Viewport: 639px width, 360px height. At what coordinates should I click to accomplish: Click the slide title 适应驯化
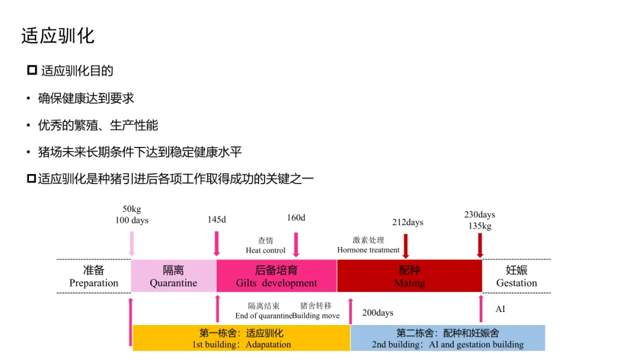coord(58,36)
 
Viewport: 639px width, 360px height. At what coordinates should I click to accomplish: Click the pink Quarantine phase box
coord(173,277)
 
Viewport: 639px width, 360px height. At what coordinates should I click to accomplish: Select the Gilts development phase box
coord(276,277)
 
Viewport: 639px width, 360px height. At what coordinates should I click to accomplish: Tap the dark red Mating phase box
coord(409,277)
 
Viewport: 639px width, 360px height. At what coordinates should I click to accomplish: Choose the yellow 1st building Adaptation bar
coord(241,338)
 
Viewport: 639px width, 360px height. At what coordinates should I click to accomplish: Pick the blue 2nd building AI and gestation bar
coord(447,338)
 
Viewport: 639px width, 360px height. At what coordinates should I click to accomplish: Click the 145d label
coord(217,220)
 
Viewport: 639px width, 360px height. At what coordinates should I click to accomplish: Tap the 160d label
coord(296,218)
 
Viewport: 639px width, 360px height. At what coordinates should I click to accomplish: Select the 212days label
coord(408,223)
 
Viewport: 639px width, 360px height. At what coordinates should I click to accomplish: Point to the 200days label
coord(377,313)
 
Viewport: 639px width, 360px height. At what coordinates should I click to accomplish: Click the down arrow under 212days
coord(406,246)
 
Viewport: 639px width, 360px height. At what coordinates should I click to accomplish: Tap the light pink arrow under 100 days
coord(131,243)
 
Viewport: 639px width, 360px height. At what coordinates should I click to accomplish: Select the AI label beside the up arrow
coord(501,309)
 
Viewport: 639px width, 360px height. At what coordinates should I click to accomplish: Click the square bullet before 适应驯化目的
coord(32,71)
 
